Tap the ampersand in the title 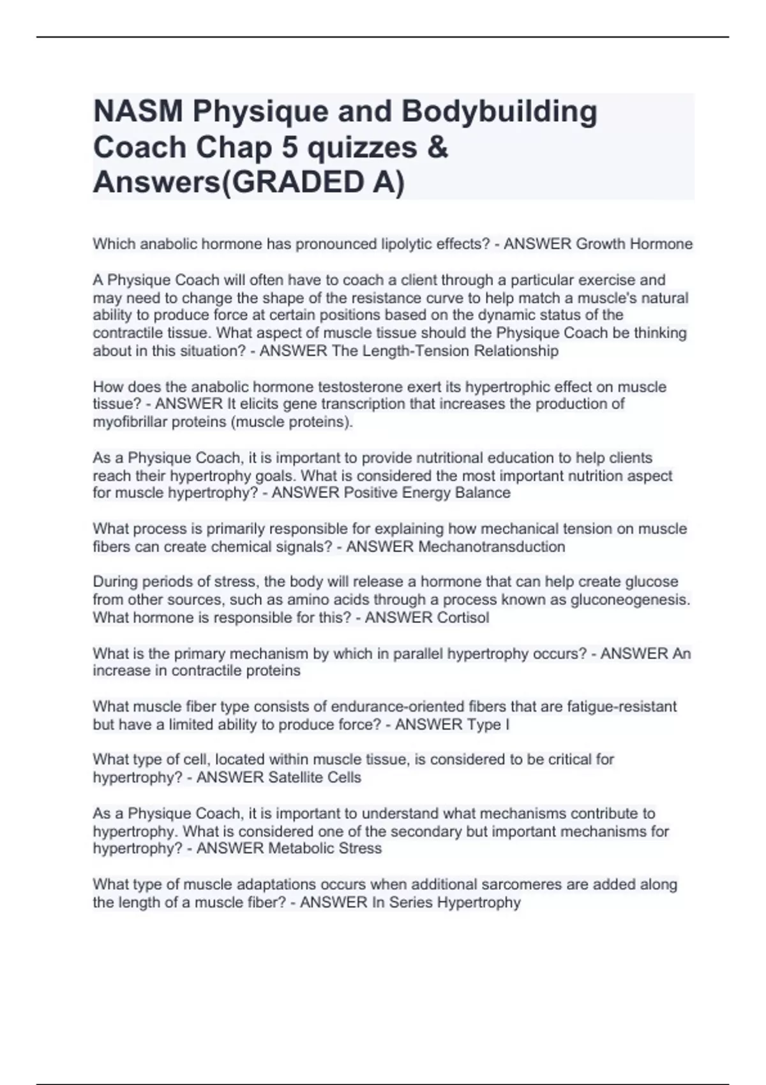[x=439, y=147]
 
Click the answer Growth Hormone [x=634, y=244]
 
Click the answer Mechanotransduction [x=491, y=547]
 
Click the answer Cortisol [x=463, y=618]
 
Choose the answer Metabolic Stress [x=324, y=848]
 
